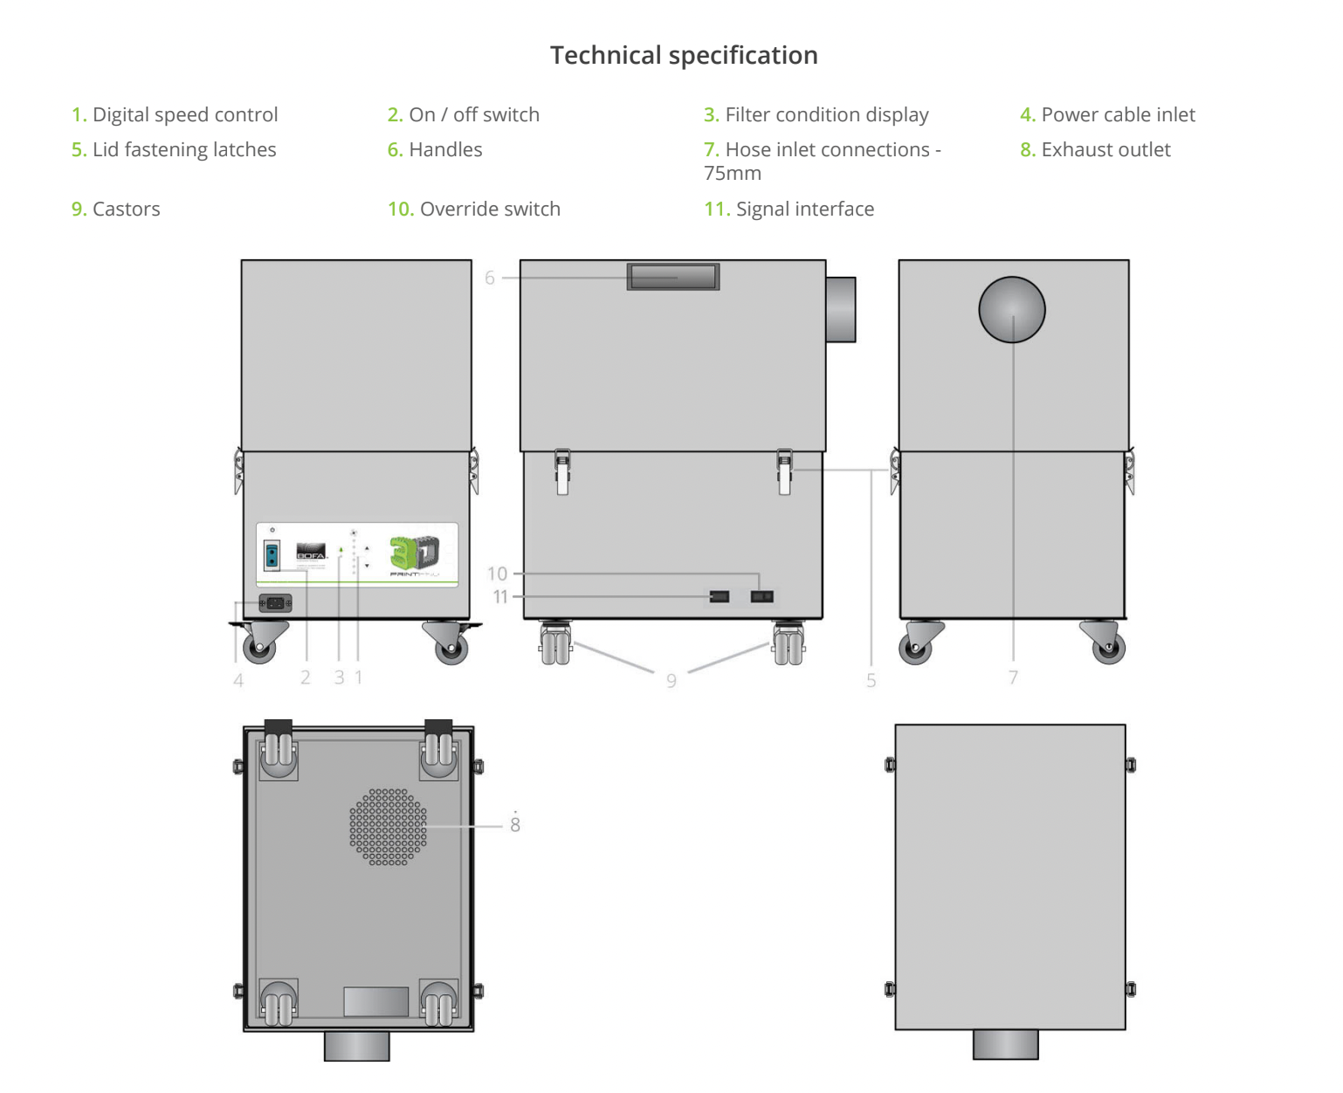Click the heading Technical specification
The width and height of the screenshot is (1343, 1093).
[x=684, y=55]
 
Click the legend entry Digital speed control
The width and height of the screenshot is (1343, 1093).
[x=175, y=114]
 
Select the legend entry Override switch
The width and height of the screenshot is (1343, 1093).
[x=474, y=209]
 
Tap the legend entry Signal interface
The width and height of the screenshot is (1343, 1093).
[x=789, y=209]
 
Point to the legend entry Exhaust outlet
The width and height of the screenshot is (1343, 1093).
[x=1095, y=149]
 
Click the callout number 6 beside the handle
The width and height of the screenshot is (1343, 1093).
[x=490, y=278]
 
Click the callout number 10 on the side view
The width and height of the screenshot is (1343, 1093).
[x=497, y=574]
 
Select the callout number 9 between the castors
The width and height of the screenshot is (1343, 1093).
[x=671, y=680]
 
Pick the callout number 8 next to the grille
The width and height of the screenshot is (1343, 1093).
[x=515, y=824]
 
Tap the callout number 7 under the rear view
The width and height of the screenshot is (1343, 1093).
[x=1013, y=677]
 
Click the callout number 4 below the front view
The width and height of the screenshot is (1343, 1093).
[x=238, y=680]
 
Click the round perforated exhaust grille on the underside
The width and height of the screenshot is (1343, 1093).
[x=389, y=827]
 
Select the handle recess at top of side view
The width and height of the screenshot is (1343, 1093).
[x=672, y=277]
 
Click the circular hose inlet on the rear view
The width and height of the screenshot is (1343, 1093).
[x=1012, y=309]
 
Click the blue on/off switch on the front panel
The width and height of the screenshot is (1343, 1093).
[x=272, y=554]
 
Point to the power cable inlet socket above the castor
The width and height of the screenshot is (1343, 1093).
[x=275, y=602]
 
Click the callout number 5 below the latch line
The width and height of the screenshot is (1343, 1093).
[x=871, y=680]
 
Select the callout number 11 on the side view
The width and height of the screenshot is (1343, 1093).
[x=500, y=596]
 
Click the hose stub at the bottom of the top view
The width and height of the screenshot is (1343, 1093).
[x=1005, y=1044]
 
